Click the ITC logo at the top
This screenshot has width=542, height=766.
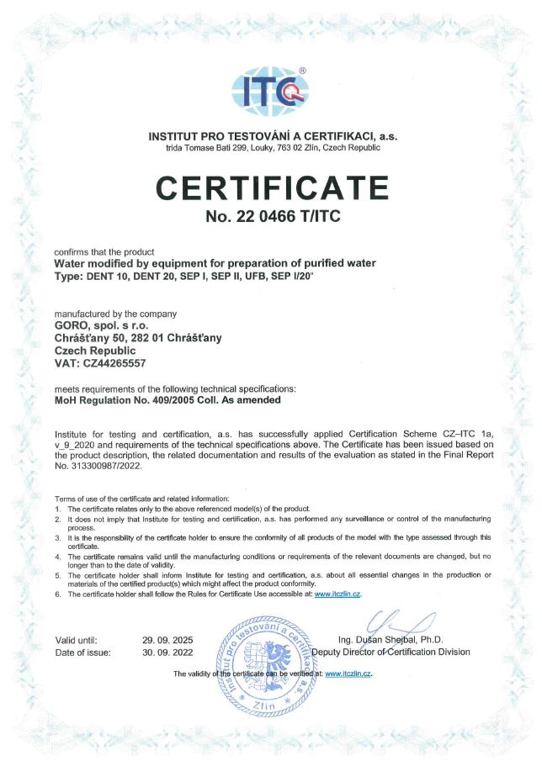(x=270, y=91)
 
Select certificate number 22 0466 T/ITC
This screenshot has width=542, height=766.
(x=270, y=217)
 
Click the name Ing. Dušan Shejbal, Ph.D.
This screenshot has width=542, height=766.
(x=391, y=640)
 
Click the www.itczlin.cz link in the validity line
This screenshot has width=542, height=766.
(x=348, y=674)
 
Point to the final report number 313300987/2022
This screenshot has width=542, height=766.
(x=104, y=464)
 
